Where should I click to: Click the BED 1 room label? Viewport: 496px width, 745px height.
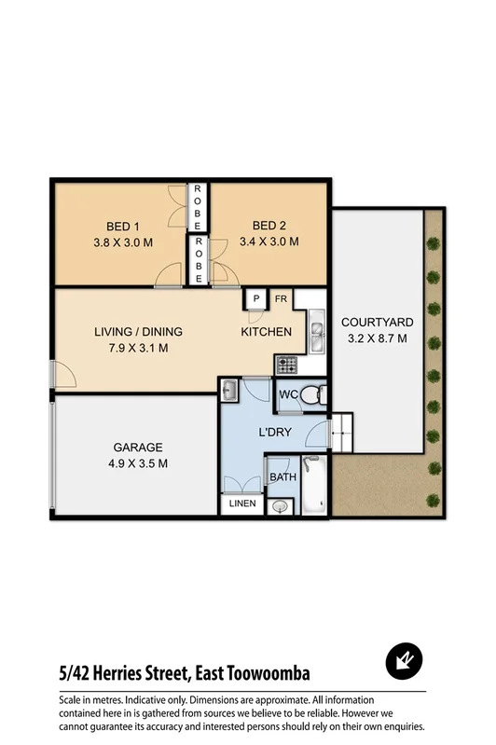(122, 225)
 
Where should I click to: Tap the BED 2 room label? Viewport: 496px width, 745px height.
(269, 225)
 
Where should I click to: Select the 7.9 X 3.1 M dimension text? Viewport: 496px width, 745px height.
(138, 349)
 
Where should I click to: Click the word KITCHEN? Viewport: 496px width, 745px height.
(267, 332)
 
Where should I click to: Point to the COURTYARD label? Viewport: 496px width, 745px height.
(376, 322)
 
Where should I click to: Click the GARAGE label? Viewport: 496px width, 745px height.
(138, 447)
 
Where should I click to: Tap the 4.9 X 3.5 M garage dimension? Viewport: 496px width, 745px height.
(138, 462)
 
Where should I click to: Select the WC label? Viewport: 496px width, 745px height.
(288, 395)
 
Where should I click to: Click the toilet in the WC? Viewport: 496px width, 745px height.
(314, 394)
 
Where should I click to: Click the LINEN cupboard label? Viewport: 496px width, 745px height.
(241, 504)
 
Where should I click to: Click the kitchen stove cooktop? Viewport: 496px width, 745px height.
(284, 364)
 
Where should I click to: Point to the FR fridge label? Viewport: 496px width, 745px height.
(280, 299)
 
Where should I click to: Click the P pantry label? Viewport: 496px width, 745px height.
(255, 299)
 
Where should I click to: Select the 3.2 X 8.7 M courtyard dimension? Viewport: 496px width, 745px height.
(376, 338)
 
